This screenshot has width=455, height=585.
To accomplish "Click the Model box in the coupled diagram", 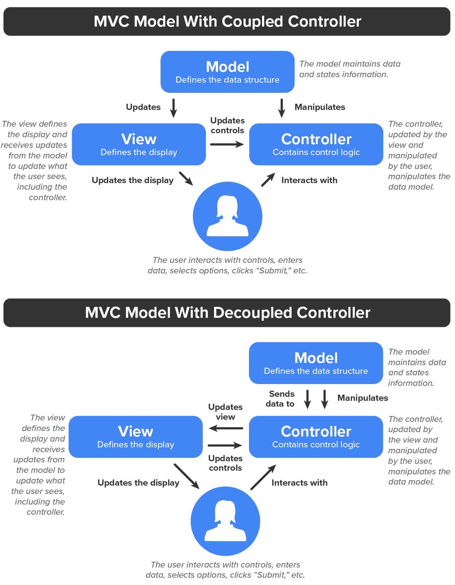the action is (227, 72).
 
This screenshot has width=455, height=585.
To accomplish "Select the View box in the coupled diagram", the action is (139, 144).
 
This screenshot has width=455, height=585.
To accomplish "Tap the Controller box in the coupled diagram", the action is (316, 144).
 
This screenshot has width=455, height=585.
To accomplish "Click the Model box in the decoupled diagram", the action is (316, 363).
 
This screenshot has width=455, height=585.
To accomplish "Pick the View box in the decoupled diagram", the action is (136, 437).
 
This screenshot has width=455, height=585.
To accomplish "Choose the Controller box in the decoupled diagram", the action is (316, 437).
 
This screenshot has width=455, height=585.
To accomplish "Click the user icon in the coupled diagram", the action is (227, 216).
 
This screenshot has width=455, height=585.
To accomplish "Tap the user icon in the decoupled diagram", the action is (225, 521).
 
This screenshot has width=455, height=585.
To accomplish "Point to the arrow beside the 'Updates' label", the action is (174, 108).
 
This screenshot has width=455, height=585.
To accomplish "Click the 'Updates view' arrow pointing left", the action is (226, 428).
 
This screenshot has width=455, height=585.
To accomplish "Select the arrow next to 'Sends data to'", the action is (307, 399).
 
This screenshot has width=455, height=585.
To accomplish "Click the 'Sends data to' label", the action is (280, 399).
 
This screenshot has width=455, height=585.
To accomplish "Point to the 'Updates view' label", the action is (225, 412).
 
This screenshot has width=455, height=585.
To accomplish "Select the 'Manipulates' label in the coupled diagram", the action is (320, 107).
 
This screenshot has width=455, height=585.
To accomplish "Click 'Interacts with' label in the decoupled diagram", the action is (300, 483).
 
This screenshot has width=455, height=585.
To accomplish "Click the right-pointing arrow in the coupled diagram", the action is (227, 144).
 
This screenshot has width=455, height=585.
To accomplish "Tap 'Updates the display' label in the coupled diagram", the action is (132, 180).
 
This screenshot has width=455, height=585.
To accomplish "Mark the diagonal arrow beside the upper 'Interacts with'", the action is (268, 179).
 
